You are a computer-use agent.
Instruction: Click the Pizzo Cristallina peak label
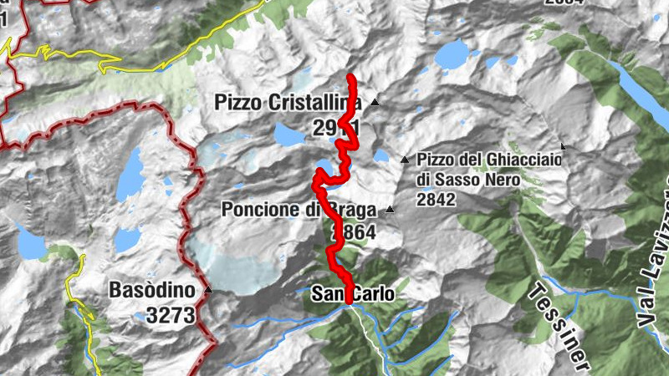287,103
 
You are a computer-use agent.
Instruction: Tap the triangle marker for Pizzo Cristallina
375,103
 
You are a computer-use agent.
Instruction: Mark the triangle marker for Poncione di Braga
390,211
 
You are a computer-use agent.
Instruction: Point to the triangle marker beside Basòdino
207,291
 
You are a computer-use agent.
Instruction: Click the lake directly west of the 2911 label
286,133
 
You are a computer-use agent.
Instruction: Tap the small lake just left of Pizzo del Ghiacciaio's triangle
381,155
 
